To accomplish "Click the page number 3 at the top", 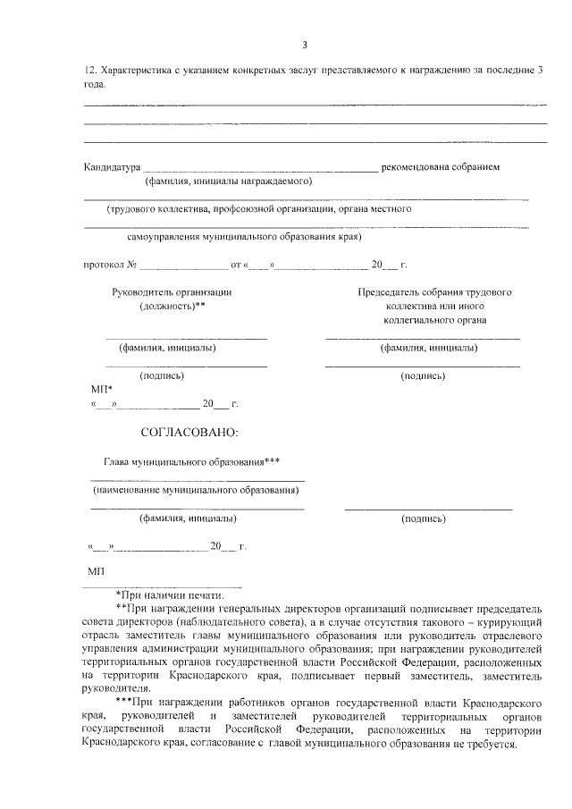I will tap(305, 45).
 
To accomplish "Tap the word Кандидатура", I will tap(112, 166).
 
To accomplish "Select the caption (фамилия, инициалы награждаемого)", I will tap(228, 181).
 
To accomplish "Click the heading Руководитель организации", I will tap(172, 292).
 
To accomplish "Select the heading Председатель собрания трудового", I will tap(434, 292).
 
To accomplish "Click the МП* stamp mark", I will tap(102, 390).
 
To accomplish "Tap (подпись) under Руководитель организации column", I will tap(162, 376).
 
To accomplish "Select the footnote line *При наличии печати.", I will tap(170, 594).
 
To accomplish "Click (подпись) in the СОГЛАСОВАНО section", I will tap(424, 518).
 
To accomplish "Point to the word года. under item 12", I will tap(94, 84).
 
